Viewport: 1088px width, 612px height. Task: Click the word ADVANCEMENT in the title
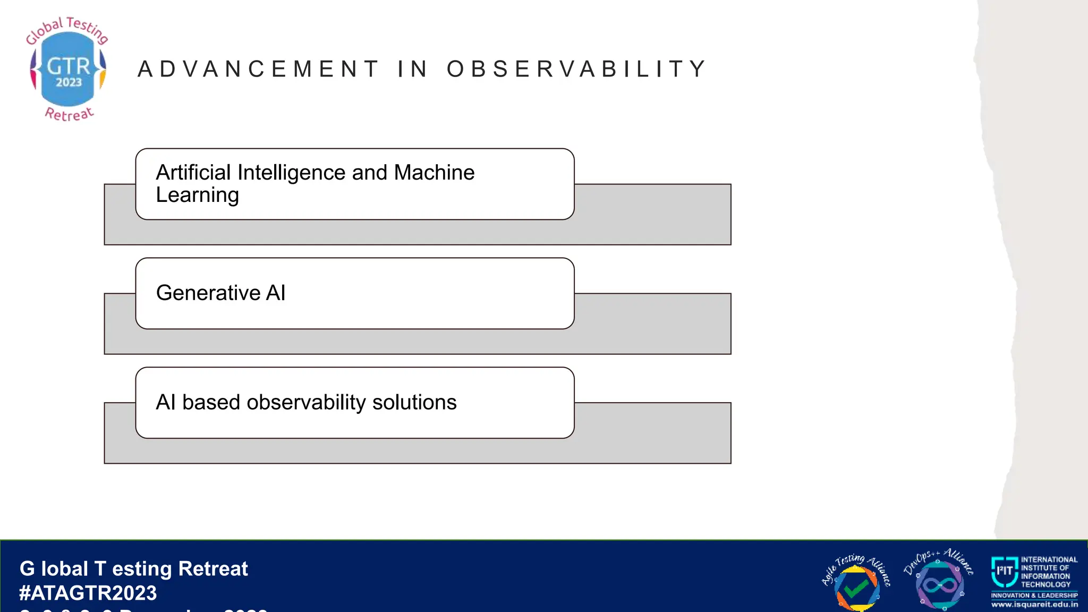(x=258, y=69)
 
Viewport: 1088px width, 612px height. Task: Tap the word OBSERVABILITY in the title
(x=576, y=69)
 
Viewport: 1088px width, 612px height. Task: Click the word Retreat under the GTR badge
(x=70, y=114)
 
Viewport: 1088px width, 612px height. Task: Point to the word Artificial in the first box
(x=193, y=173)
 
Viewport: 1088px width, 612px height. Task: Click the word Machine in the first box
(x=434, y=173)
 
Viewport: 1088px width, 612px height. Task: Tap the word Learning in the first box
(x=197, y=195)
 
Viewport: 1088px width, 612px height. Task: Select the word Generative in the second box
(x=208, y=293)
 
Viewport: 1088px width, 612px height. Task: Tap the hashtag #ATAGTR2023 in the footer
(x=88, y=593)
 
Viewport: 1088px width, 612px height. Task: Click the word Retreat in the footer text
(x=213, y=569)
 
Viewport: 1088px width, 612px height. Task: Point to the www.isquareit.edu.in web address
(x=1034, y=605)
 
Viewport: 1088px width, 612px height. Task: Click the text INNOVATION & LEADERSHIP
(x=1034, y=596)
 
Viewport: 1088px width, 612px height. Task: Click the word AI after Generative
(x=275, y=293)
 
